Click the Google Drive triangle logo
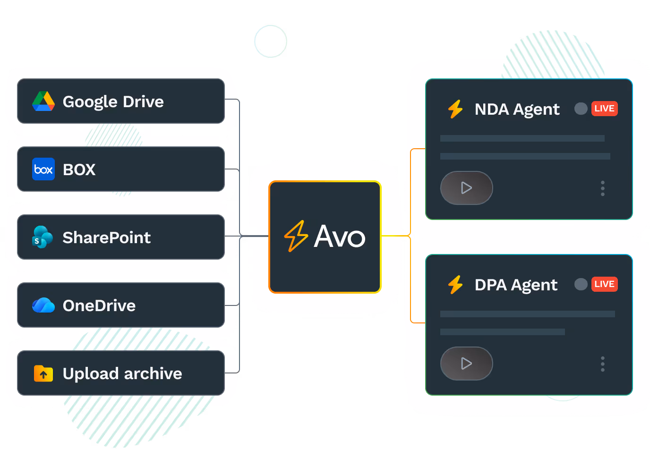[x=43, y=101]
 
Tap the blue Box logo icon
[x=43, y=169]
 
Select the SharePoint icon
[x=43, y=237]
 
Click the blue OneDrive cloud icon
[x=43, y=305]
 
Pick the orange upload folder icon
[x=43, y=373]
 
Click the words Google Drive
[x=113, y=102]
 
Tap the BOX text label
[x=79, y=169]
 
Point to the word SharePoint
[x=107, y=237]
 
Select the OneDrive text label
[x=99, y=305]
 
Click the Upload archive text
[x=122, y=373]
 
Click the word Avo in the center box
[x=340, y=237]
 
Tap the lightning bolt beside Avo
[x=296, y=236]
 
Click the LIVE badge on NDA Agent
[x=604, y=109]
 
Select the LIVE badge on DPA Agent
[x=604, y=284]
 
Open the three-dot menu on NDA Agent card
[x=603, y=188]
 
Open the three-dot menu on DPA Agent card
[x=603, y=364]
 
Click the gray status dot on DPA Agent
[x=581, y=284]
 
